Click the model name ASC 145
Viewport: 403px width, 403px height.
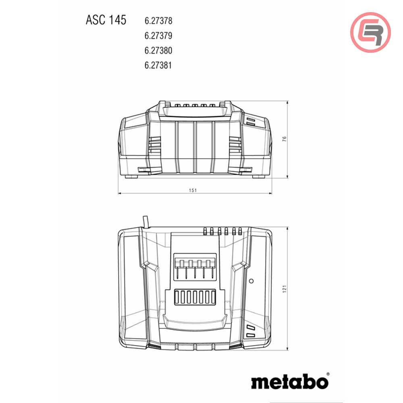point(106,20)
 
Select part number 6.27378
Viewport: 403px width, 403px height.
point(158,20)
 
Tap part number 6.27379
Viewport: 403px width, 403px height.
point(158,35)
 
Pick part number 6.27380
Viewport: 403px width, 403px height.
point(158,50)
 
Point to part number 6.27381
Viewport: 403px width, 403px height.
point(158,65)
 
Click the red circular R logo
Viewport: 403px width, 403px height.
point(370,32)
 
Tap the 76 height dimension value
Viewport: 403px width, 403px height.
point(284,139)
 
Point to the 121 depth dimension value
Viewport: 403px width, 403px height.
point(284,289)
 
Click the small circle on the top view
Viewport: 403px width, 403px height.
point(251,280)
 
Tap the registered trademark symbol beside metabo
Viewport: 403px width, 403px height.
point(327,374)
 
